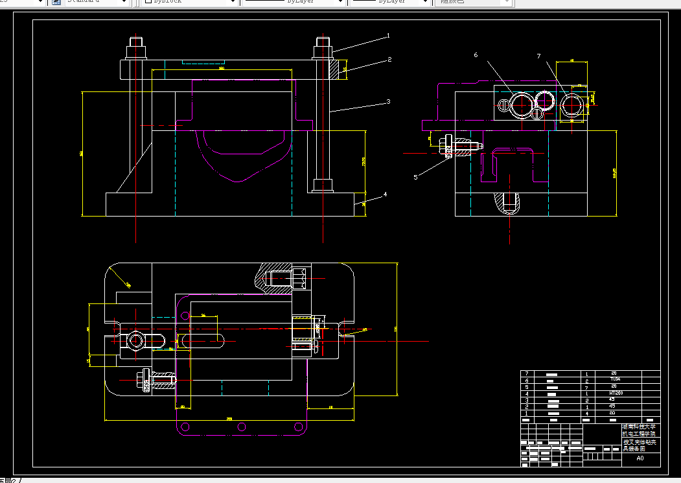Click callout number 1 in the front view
point(388,36)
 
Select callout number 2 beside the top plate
point(389,59)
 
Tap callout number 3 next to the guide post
point(388,101)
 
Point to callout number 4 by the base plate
point(385,194)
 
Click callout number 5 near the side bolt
point(415,176)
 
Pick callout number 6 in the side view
point(476,56)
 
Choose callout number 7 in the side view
point(538,56)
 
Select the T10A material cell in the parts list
point(615,379)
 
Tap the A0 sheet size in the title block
point(640,458)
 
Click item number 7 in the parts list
point(527,373)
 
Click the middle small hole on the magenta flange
point(242,426)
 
